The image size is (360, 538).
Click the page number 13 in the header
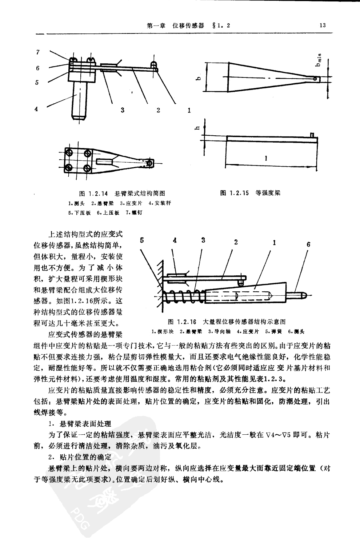pyautogui.click(x=322, y=25)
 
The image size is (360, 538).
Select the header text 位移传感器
pyautogui.click(x=188, y=25)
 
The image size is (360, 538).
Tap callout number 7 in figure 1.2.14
pyautogui.click(x=38, y=52)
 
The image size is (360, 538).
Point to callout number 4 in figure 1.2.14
pyautogui.click(x=36, y=108)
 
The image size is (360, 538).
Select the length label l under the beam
pyautogui.click(x=267, y=158)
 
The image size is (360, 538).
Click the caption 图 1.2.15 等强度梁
pyautogui.click(x=250, y=193)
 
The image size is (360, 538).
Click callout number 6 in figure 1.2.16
pyautogui.click(x=308, y=244)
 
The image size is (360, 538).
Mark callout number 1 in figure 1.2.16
pyautogui.click(x=274, y=242)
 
